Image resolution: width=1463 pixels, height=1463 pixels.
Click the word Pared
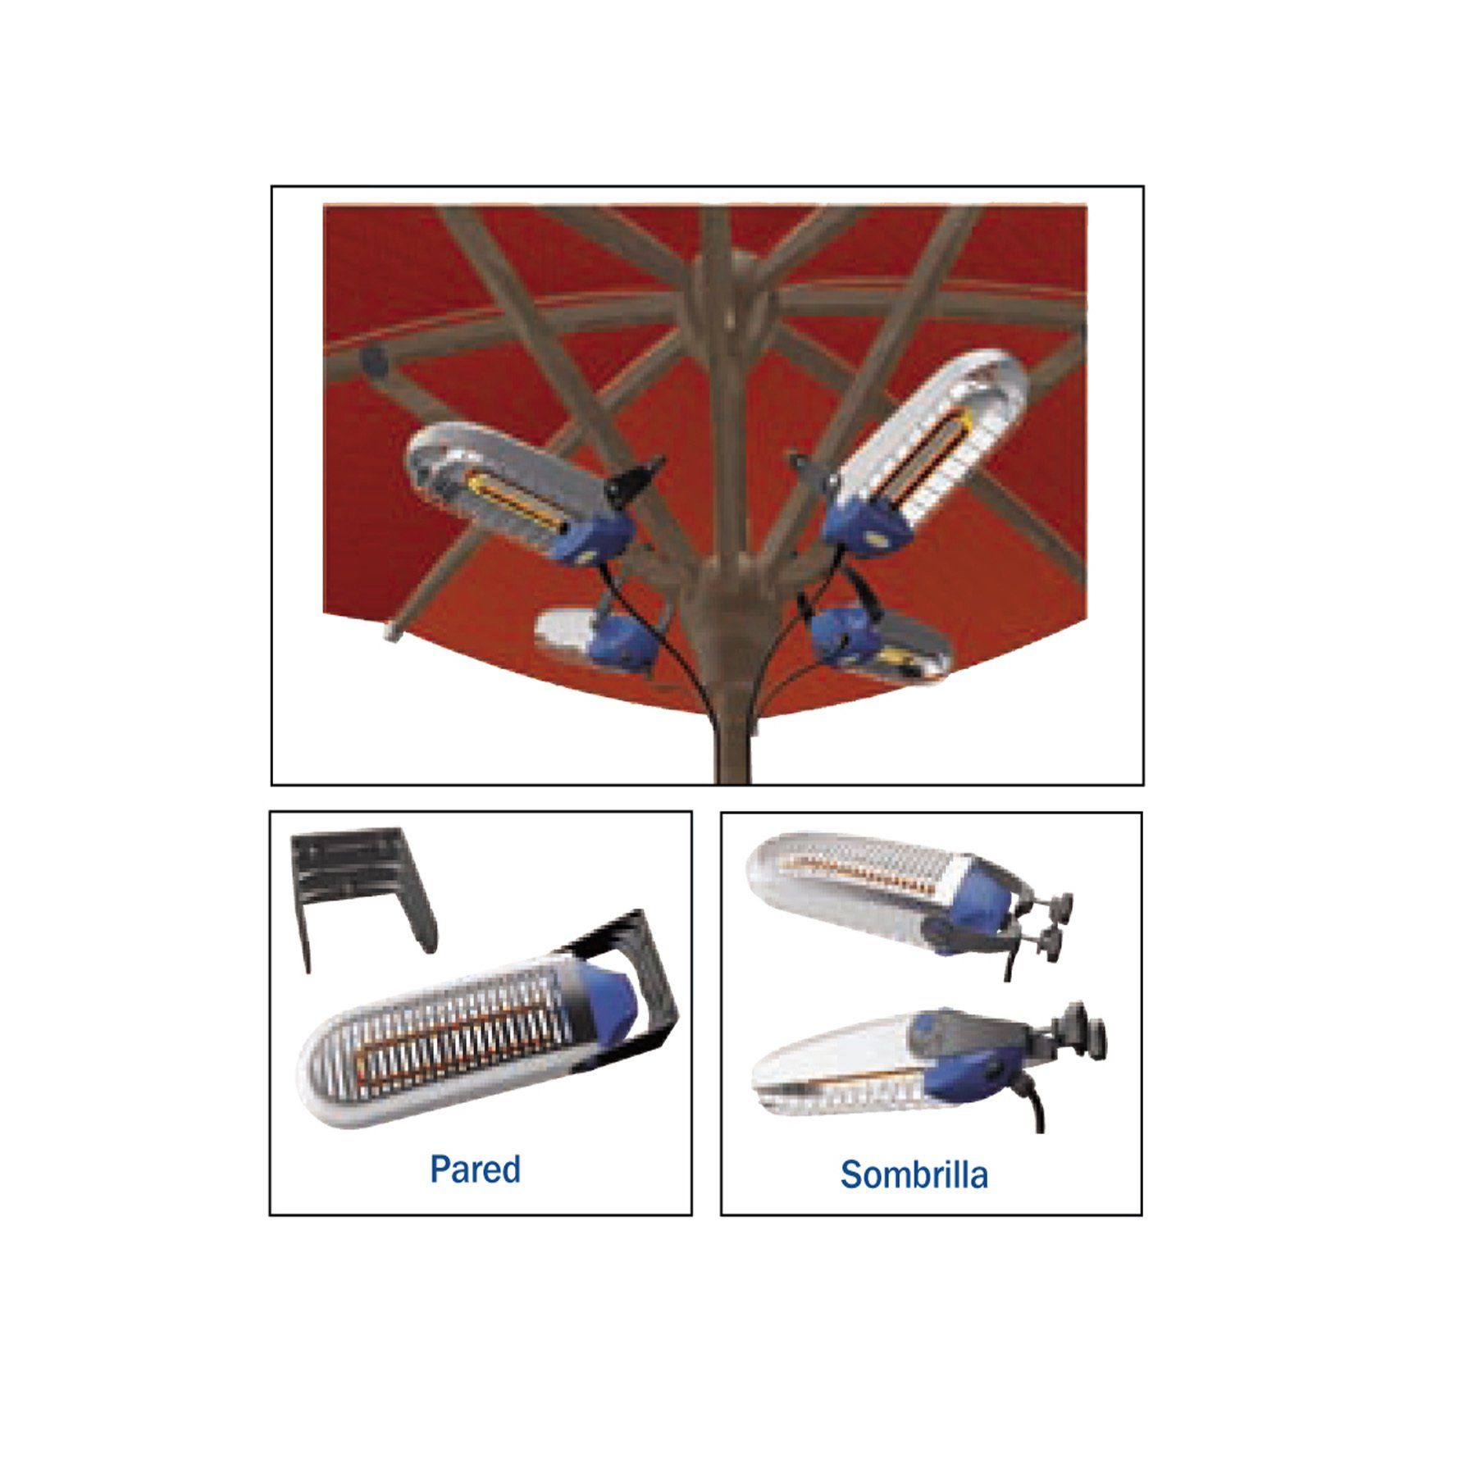point(475,1169)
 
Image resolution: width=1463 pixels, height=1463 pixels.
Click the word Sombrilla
point(914,1175)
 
